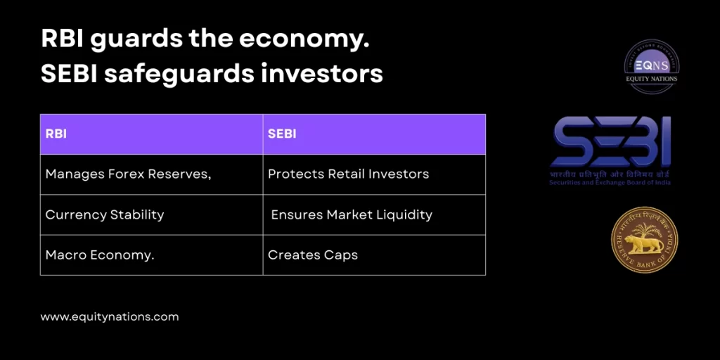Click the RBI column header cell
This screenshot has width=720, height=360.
coord(151,134)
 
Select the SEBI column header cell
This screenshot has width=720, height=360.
coord(374,134)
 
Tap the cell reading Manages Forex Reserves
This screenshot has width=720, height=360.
coord(151,174)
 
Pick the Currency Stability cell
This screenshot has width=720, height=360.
coord(151,214)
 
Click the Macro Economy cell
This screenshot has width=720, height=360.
coord(151,255)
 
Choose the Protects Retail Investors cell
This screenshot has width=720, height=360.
coord(374,174)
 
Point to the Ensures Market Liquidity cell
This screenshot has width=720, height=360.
coord(374,214)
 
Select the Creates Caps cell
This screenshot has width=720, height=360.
coord(374,255)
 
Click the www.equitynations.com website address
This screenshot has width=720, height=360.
coord(110,317)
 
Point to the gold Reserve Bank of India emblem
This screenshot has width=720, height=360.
coord(644,240)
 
